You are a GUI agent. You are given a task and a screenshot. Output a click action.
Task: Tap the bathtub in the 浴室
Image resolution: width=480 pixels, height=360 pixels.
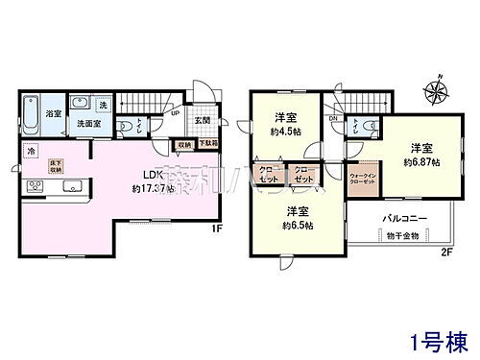click(28, 113)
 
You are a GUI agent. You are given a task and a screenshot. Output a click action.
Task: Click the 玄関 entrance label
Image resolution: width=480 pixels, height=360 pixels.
click(202, 120)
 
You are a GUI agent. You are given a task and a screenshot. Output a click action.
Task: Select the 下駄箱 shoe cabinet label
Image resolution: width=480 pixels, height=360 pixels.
click(206, 143)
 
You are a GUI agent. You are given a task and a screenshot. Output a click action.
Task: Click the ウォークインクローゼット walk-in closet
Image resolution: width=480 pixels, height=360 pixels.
click(363, 180)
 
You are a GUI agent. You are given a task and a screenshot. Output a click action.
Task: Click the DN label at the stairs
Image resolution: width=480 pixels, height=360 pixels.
click(332, 118)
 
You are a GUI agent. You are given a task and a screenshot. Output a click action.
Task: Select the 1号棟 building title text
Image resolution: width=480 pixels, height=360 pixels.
click(437, 340)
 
